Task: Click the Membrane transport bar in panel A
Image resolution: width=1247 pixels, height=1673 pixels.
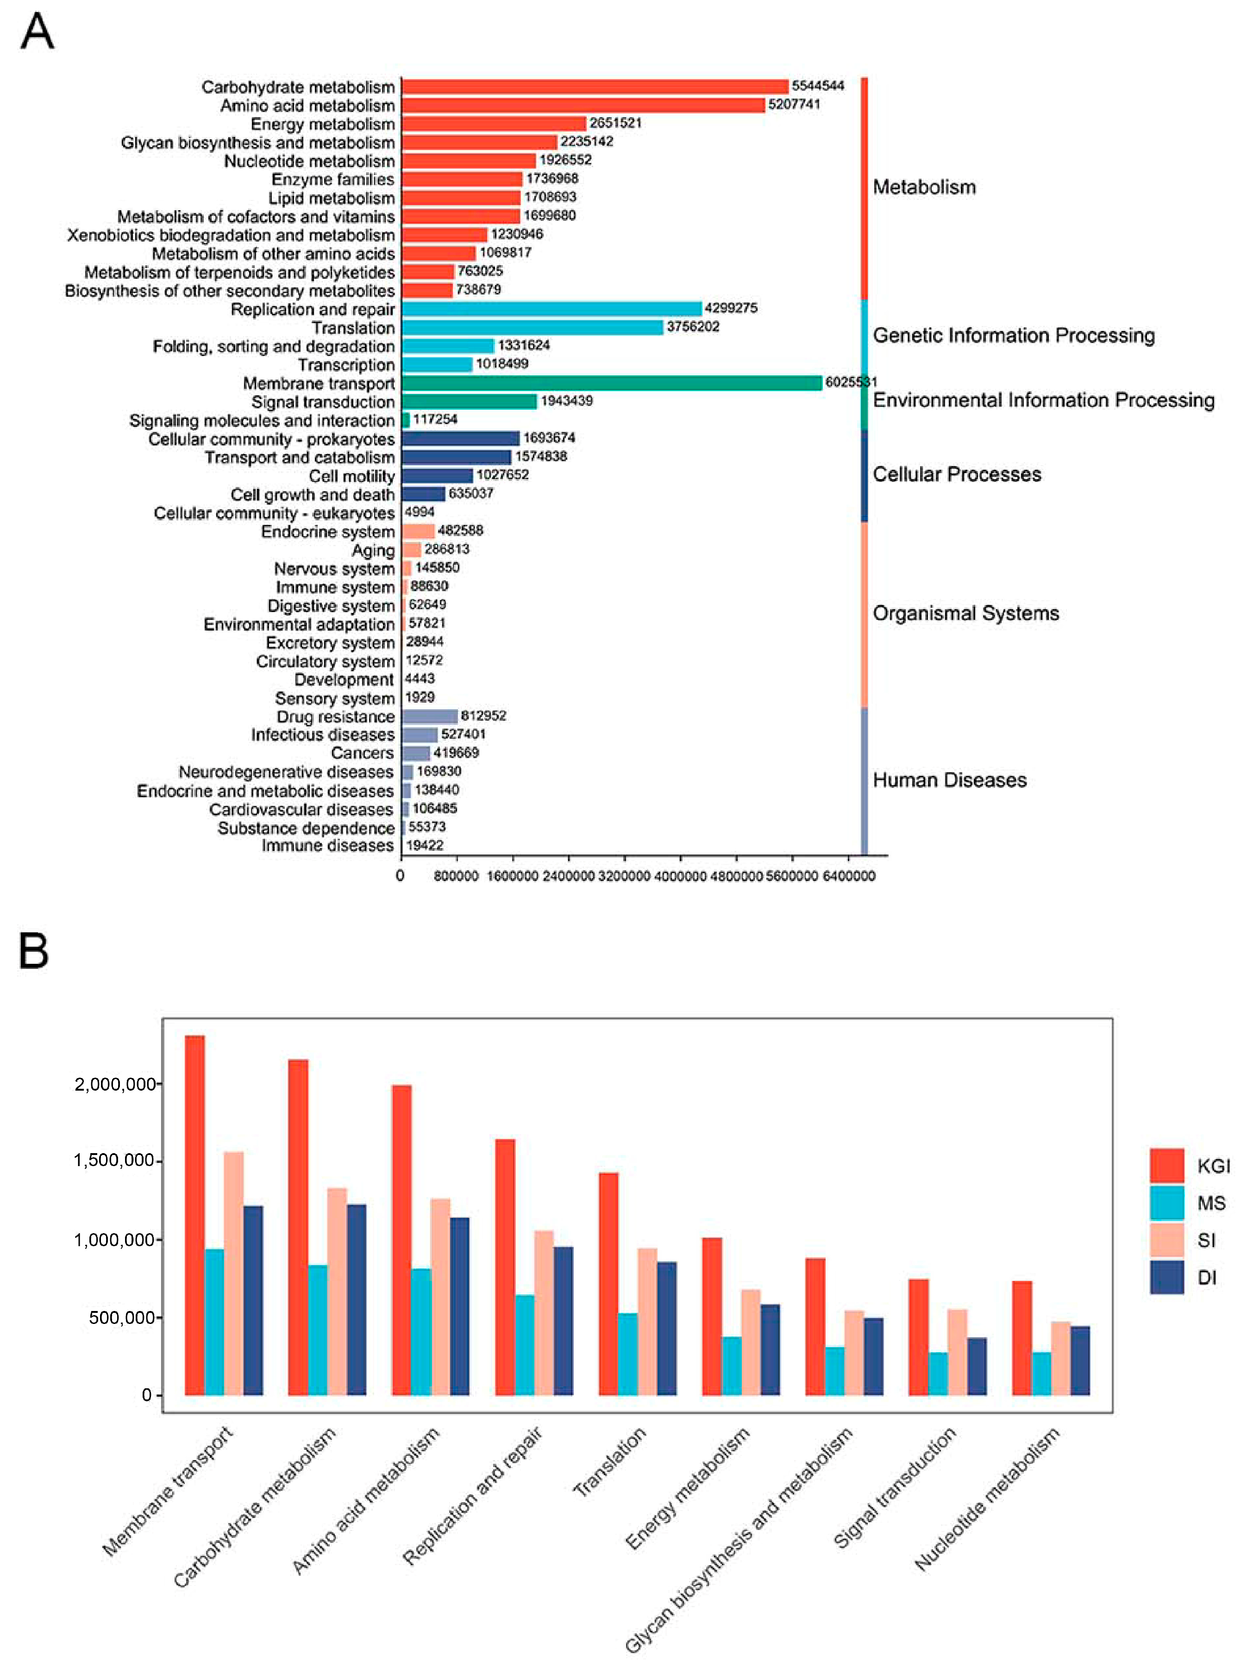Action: pyautogui.click(x=611, y=383)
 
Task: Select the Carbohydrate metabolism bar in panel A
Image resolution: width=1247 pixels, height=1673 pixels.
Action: pyautogui.click(x=595, y=87)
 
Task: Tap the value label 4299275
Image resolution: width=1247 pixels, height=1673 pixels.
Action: pyautogui.click(x=731, y=308)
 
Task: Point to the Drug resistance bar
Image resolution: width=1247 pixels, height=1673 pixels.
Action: pyautogui.click(x=430, y=716)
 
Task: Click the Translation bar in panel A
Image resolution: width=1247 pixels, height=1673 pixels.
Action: pyautogui.click(x=532, y=327)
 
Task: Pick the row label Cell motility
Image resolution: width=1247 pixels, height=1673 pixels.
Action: pyautogui.click(x=352, y=476)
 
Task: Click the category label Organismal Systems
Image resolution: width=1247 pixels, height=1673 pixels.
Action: pyautogui.click(x=965, y=613)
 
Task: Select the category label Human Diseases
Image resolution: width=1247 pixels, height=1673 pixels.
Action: pyautogui.click(x=950, y=780)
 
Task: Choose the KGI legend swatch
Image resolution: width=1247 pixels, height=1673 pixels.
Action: pyautogui.click(x=1166, y=1166)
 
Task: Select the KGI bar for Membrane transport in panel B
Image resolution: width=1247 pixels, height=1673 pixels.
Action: pyautogui.click(x=195, y=1215)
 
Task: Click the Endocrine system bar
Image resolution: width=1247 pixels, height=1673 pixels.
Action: pyautogui.click(x=418, y=531)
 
